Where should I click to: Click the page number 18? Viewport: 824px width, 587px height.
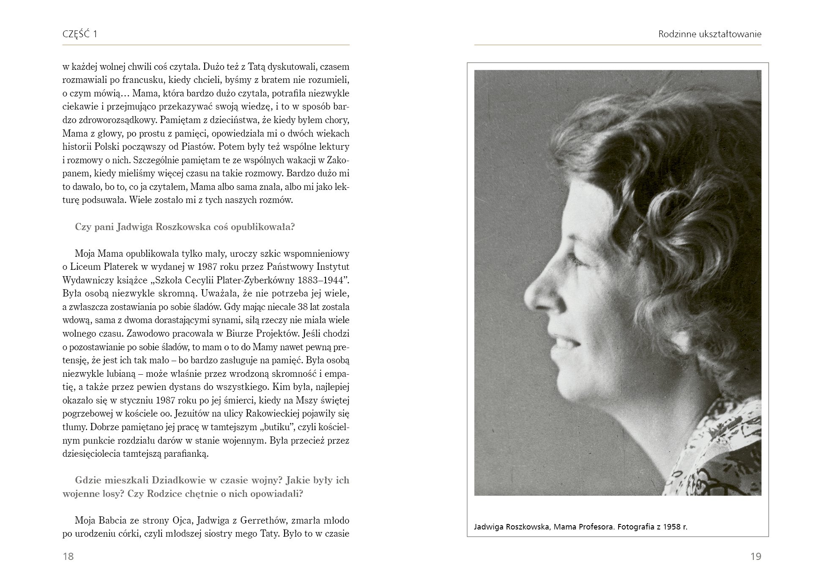click(68, 556)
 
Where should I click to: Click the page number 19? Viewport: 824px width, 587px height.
click(756, 556)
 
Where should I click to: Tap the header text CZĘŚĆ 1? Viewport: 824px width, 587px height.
click(80, 34)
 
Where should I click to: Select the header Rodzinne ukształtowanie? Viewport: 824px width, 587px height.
click(709, 34)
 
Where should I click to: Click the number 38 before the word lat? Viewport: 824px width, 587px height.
click(302, 307)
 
